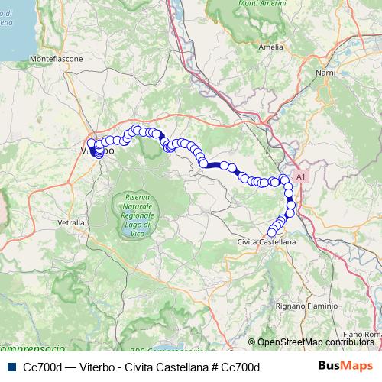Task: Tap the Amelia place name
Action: (271, 47)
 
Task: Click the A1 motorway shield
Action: (300, 176)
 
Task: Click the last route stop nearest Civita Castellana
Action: (271, 232)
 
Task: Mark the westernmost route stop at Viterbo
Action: (92, 143)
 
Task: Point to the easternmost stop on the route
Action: (291, 204)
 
